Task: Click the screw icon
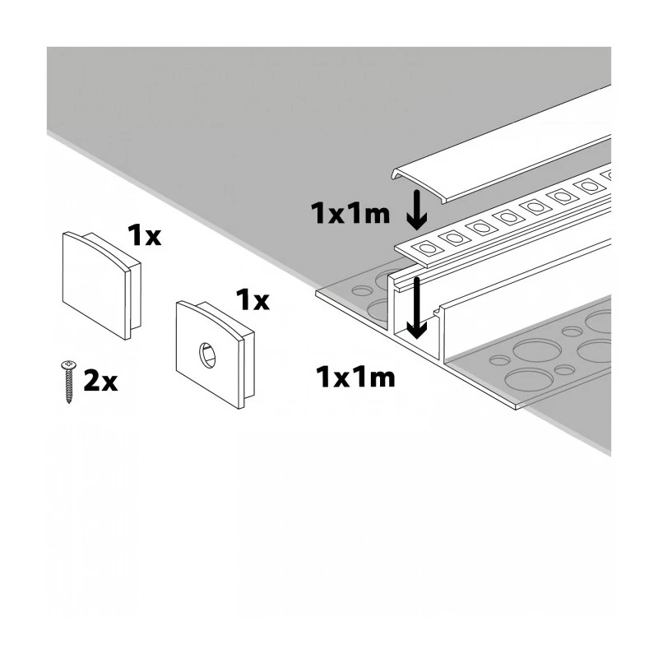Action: point(69,382)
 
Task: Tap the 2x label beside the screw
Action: point(100,380)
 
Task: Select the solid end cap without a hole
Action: point(101,285)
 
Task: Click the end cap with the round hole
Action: point(215,354)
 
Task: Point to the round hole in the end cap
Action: point(207,355)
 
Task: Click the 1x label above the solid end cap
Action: point(145,235)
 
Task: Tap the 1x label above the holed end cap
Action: point(253,299)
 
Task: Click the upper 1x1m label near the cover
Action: point(350,213)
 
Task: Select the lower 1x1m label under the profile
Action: point(355,377)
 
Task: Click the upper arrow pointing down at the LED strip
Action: point(417,210)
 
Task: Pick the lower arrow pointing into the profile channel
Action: point(416,308)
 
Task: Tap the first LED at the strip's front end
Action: point(428,248)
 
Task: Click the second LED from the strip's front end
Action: point(455,238)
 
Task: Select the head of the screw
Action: point(69,365)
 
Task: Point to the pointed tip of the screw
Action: point(69,401)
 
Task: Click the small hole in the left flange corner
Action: point(362,290)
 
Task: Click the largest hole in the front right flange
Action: point(528,380)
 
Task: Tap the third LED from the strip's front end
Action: point(481,228)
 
